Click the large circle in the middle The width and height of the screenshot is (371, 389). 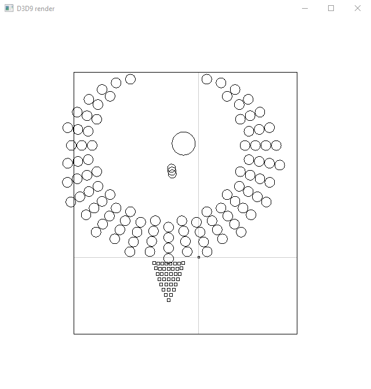click(x=184, y=132)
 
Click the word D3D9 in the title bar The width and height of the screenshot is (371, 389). click(x=24, y=9)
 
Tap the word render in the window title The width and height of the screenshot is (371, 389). click(x=44, y=9)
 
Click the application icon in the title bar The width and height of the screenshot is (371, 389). click(x=9, y=9)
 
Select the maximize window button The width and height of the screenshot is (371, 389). click(x=331, y=9)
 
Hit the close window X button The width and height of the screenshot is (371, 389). click(x=358, y=9)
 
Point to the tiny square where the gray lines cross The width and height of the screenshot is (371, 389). click(x=199, y=257)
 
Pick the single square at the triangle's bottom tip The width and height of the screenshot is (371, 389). click(x=169, y=300)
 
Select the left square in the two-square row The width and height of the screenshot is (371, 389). click(x=166, y=295)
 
